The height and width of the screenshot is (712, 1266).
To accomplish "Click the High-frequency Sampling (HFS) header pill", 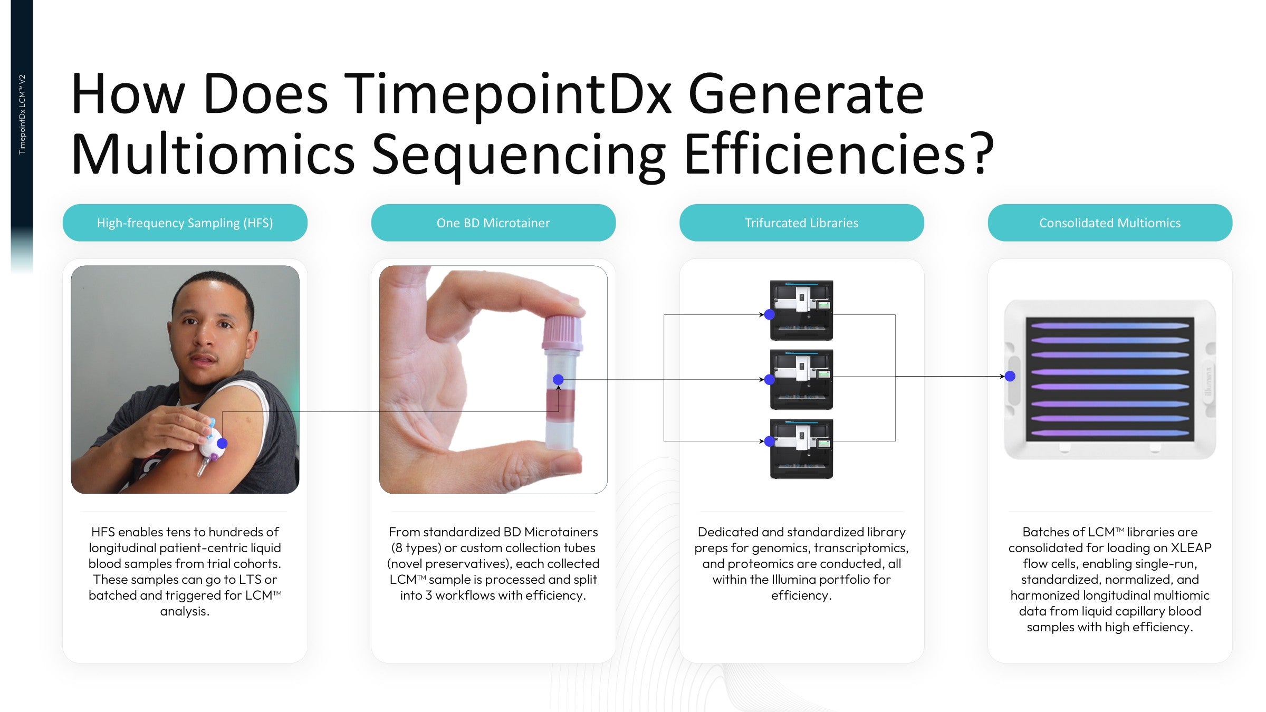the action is click(185, 223).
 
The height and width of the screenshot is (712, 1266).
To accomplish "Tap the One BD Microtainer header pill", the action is click(493, 223).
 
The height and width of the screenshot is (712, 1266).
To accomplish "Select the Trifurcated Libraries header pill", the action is click(801, 223).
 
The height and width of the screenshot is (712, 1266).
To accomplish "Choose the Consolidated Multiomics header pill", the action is click(1110, 223).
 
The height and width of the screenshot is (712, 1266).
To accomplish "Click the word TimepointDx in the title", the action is click(508, 95).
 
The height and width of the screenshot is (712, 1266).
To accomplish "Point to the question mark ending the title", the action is click(982, 154).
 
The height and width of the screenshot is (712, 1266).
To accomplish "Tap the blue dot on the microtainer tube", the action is click(558, 380).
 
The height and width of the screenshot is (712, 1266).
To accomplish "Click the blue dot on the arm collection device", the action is click(222, 444).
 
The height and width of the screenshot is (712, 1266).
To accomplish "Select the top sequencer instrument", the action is click(801, 310).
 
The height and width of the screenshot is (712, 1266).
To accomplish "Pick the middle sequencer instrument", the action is click(801, 379).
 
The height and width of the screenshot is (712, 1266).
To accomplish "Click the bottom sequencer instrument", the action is click(801, 449).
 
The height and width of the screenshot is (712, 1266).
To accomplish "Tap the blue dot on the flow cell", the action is click(1010, 376).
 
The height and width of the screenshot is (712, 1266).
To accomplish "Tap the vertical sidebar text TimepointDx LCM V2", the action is click(22, 114).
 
